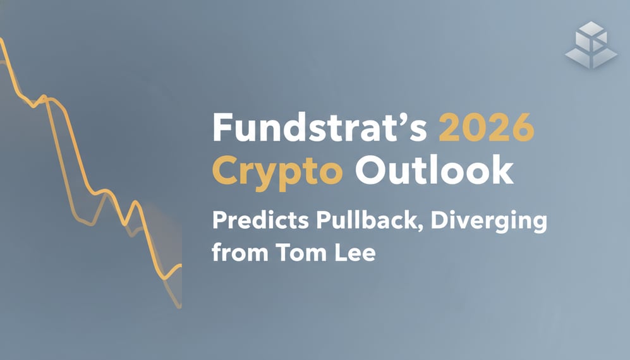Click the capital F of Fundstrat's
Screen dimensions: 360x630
tap(223, 130)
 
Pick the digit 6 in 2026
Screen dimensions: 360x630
tap(521, 130)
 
